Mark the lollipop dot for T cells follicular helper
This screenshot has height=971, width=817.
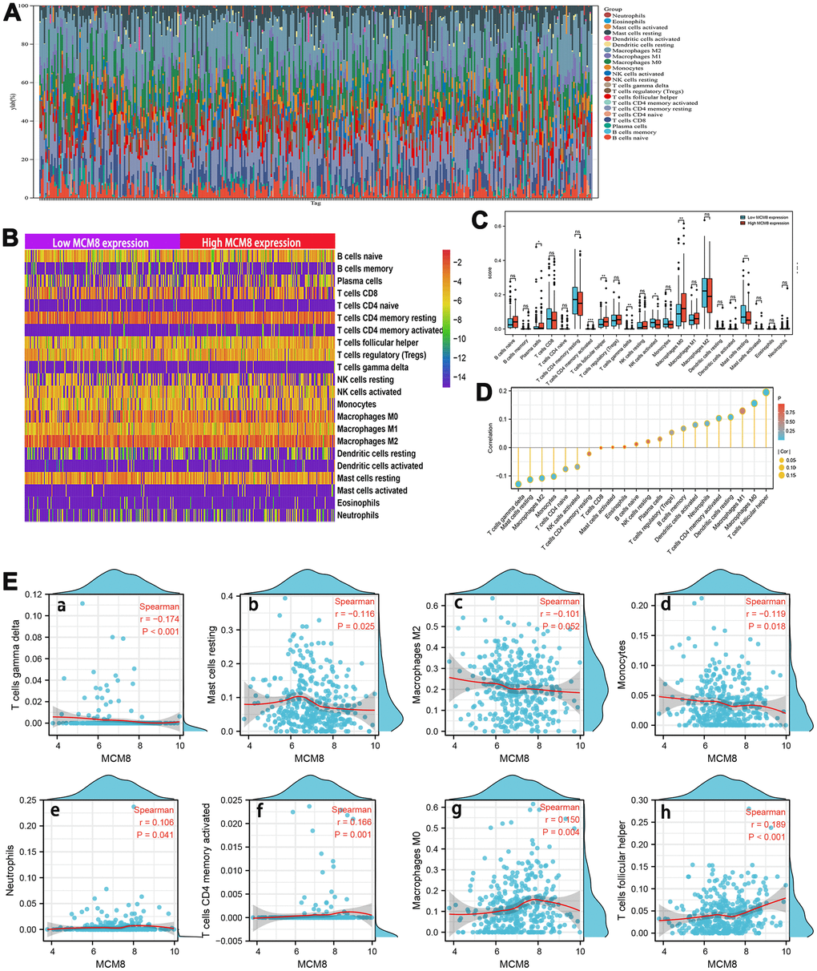click(765, 393)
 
